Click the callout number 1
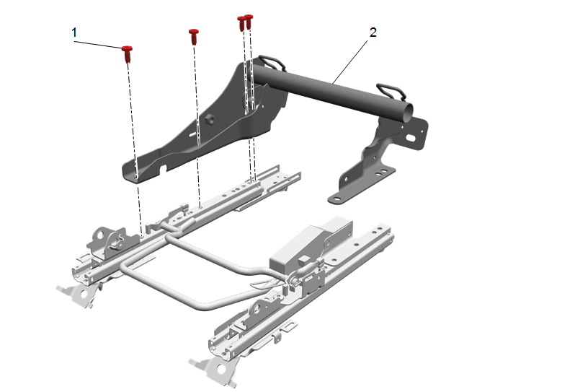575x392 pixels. pos(74,32)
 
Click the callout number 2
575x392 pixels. pos(373,32)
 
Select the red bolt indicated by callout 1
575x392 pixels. pos(127,53)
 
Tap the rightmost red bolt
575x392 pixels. pos(249,22)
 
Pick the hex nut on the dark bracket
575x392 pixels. pos(210,118)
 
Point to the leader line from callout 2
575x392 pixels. pos(350,61)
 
